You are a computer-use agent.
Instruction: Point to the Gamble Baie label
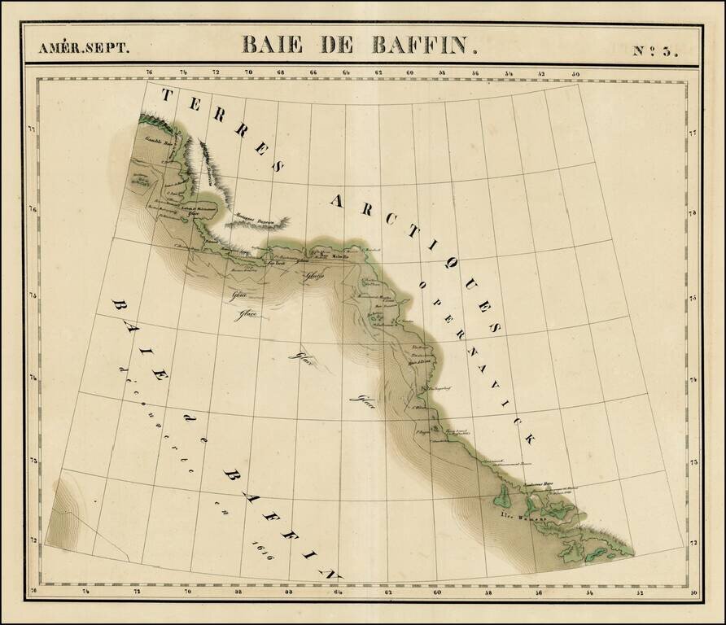pos(160,140)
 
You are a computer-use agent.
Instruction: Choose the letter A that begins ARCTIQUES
pos(336,198)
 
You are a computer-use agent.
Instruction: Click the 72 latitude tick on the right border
pos(693,540)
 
